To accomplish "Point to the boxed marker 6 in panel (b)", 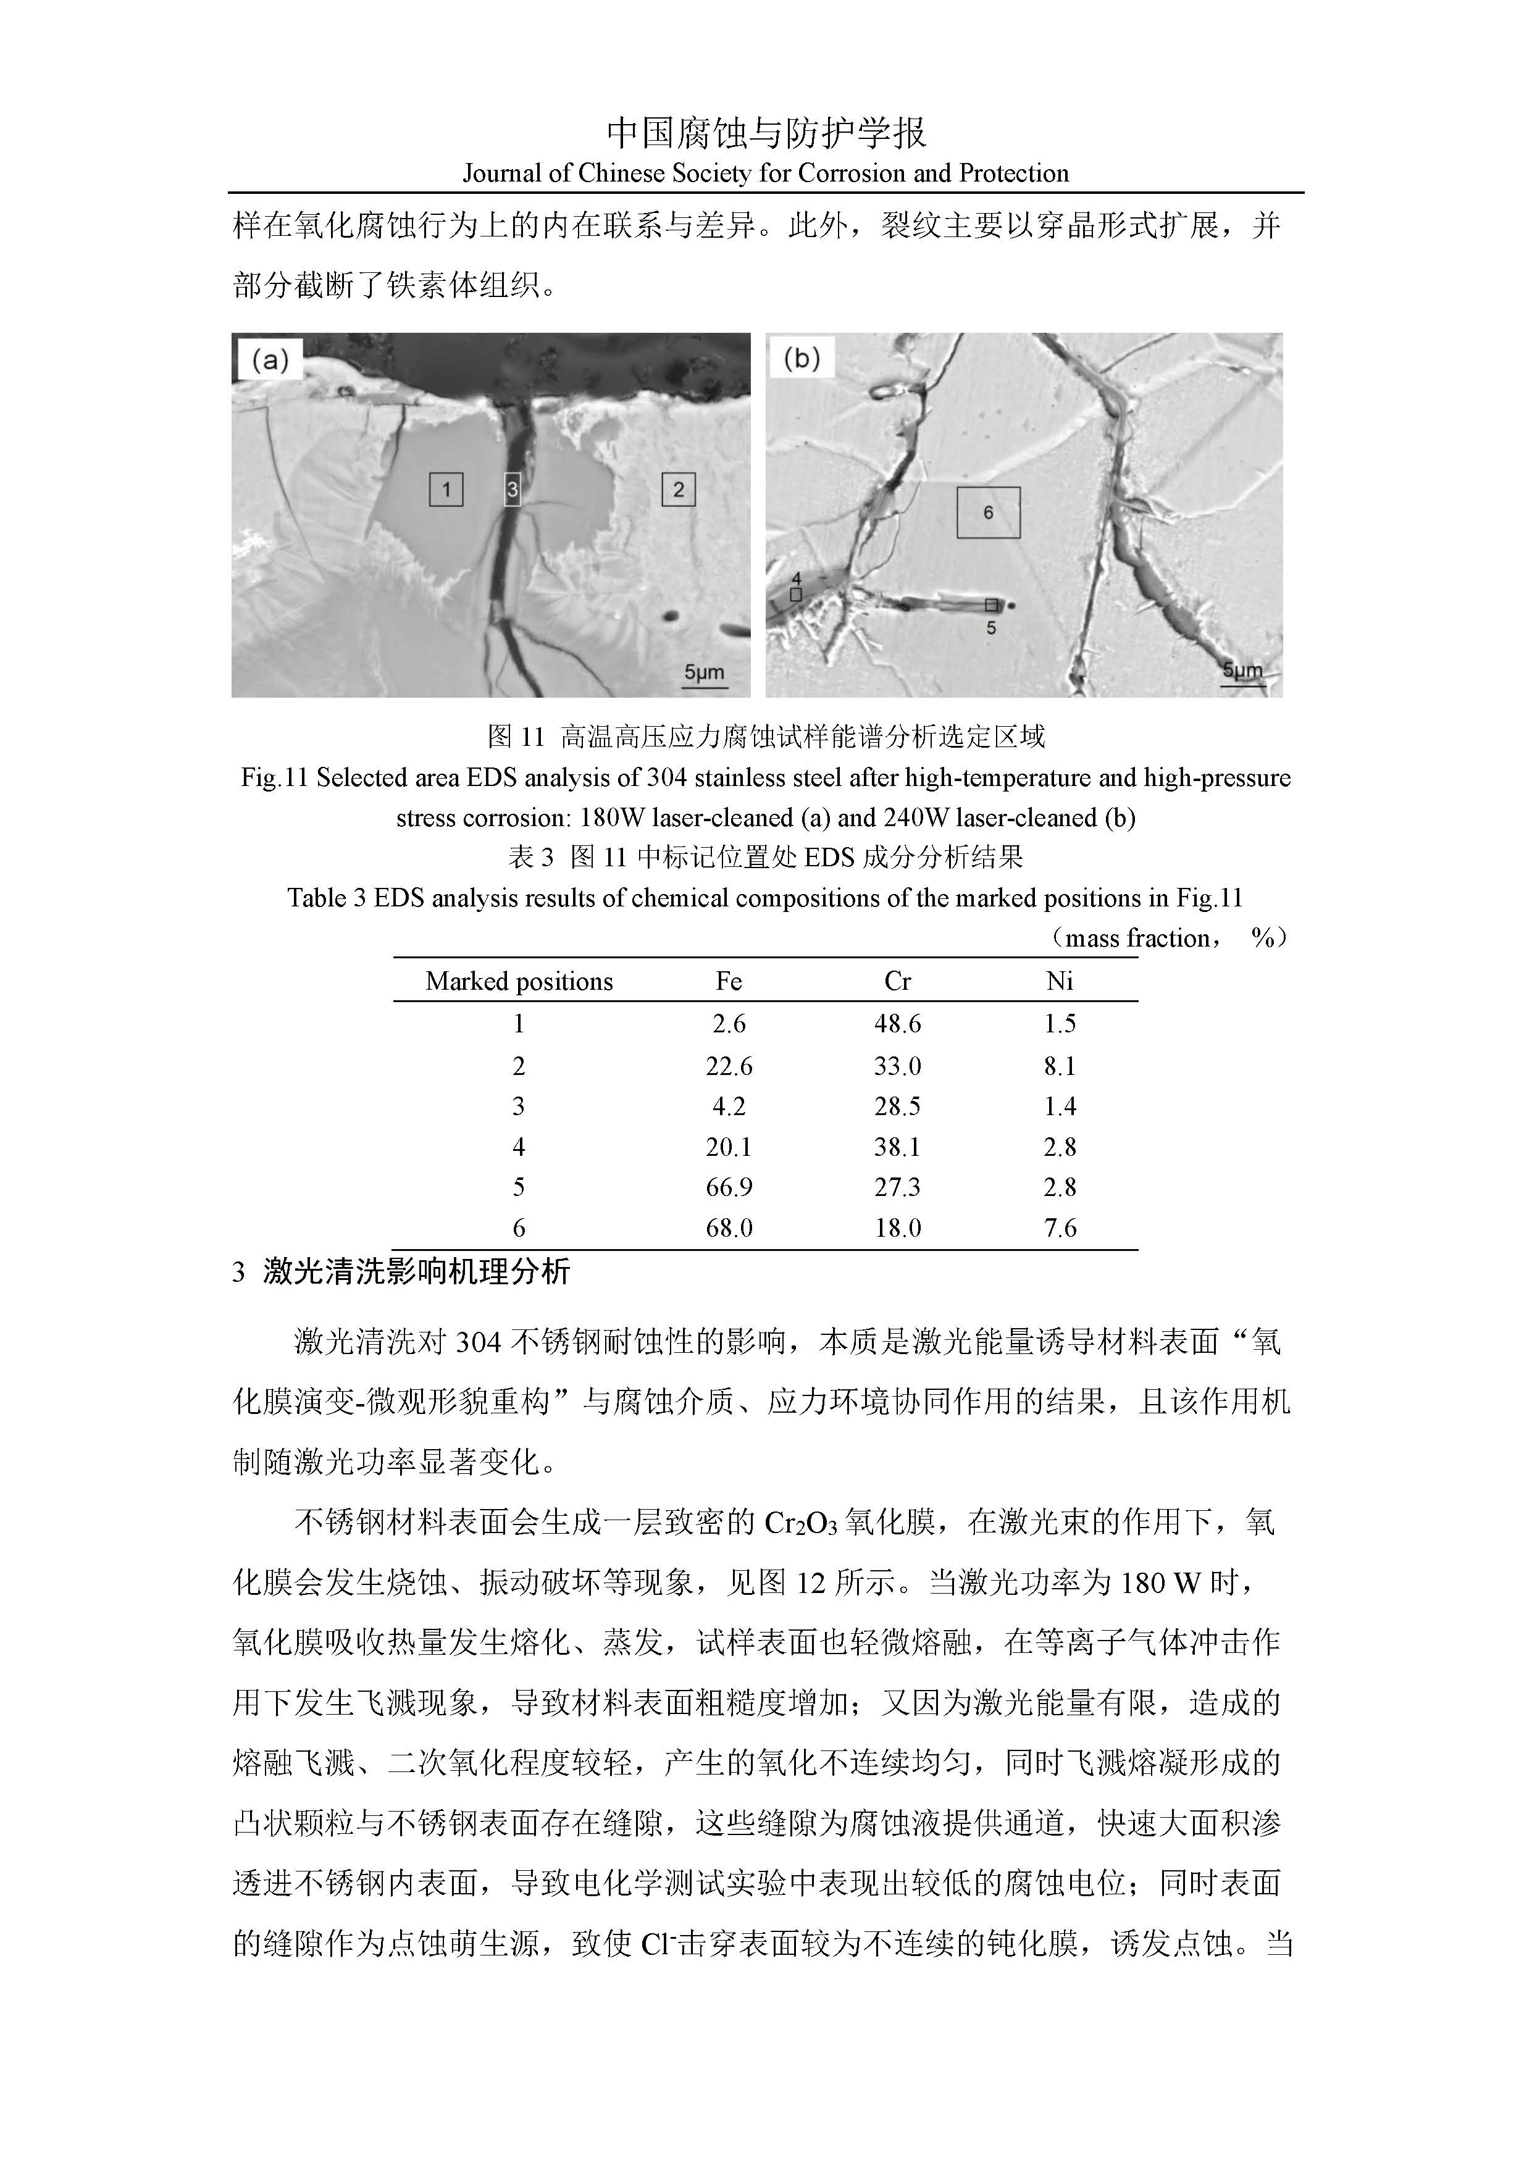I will [x=989, y=512].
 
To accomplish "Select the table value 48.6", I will [x=897, y=1024].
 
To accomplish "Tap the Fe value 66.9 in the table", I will [x=729, y=1187].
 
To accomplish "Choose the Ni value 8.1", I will [x=1060, y=1066].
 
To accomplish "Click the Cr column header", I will [x=897, y=981].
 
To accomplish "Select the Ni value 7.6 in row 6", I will [x=1060, y=1227].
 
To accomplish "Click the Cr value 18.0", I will [x=897, y=1227].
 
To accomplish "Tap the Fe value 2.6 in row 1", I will [x=729, y=1024].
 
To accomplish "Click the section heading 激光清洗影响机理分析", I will [x=416, y=1272].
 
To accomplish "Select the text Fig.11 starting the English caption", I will [x=275, y=777].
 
